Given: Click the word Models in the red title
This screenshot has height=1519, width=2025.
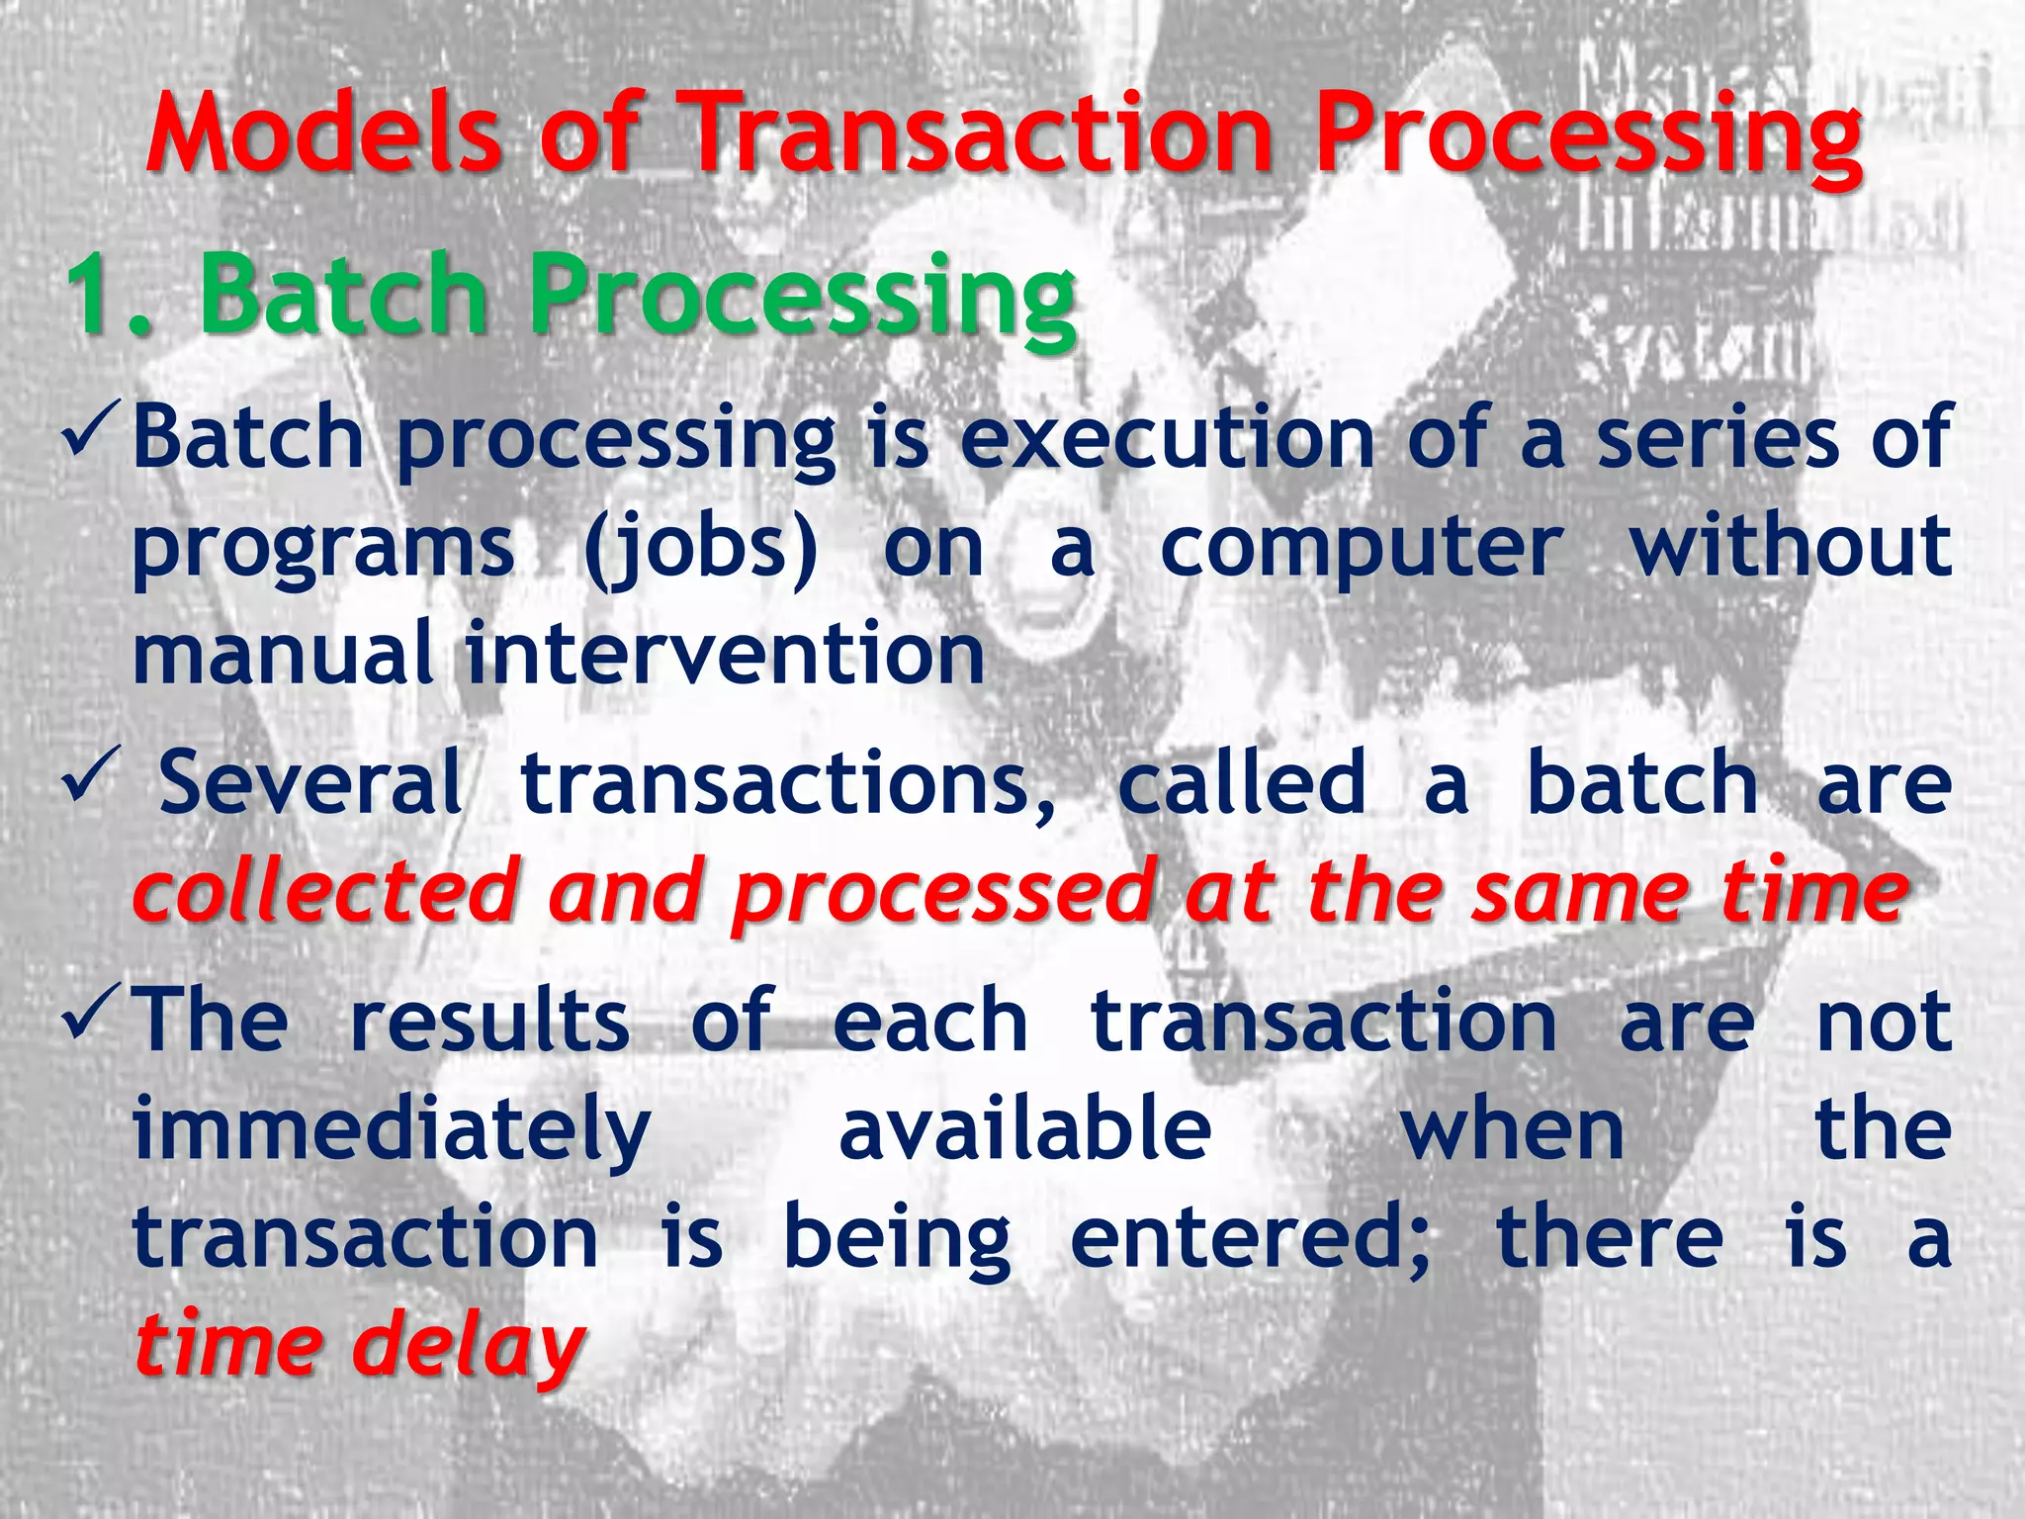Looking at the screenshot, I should point(324,134).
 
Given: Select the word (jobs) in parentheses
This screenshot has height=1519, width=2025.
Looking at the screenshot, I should point(700,549).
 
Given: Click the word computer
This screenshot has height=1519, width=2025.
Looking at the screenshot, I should point(1362,549).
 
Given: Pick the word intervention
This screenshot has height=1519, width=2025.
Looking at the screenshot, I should point(725,655).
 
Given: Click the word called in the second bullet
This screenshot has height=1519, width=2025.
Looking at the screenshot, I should point(1242,783).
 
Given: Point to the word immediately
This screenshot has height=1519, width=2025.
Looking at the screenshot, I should point(391,1132).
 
